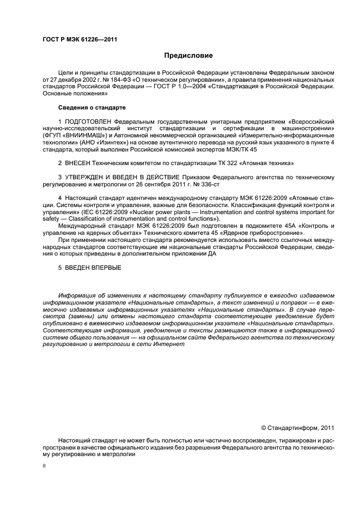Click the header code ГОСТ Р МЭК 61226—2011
coord(80,39)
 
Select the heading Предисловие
coord(188,56)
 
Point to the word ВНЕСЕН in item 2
coord(77,163)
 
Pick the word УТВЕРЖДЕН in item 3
coord(85,177)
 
